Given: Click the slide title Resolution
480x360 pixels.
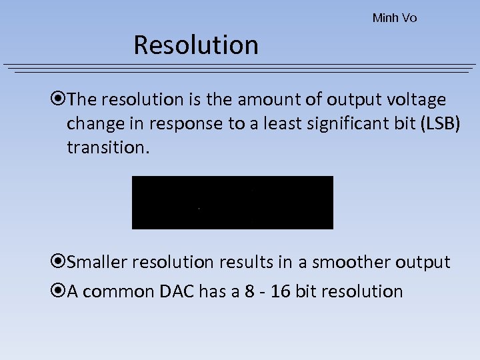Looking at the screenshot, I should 195,45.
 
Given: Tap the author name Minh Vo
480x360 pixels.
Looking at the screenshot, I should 395,18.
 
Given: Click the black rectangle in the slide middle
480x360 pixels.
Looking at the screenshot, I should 232,202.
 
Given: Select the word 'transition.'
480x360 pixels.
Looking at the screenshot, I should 105,147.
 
